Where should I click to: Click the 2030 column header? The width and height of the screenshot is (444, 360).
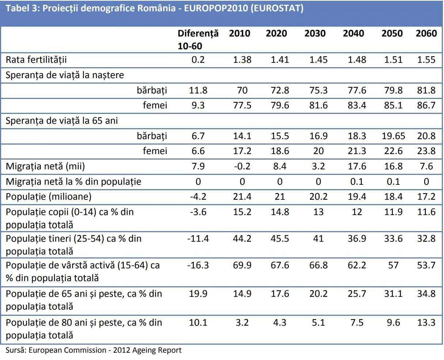click(x=315, y=34)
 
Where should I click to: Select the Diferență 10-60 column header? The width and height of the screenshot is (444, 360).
click(x=198, y=39)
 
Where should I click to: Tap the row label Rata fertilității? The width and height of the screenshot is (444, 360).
click(x=36, y=60)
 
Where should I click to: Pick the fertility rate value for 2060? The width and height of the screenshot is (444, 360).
click(x=426, y=60)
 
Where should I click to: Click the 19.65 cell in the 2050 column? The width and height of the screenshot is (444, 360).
click(x=393, y=136)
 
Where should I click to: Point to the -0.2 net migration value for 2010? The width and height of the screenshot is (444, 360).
click(x=242, y=166)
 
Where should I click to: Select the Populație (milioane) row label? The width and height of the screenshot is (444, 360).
click(x=49, y=197)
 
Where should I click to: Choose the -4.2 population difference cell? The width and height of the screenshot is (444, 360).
click(x=198, y=197)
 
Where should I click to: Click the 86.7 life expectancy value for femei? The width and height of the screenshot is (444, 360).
click(x=426, y=106)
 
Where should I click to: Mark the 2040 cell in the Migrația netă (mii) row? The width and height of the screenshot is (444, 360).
click(x=357, y=166)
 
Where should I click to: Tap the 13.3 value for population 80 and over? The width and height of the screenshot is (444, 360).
click(x=426, y=323)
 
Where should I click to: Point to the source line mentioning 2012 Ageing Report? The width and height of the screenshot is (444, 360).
click(x=94, y=350)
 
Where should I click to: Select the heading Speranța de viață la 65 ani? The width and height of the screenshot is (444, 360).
click(x=62, y=121)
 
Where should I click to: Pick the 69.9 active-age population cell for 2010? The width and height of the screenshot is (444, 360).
click(x=242, y=265)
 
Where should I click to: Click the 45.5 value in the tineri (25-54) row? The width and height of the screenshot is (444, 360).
click(x=280, y=239)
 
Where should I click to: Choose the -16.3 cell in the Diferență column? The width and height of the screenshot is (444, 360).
click(x=198, y=265)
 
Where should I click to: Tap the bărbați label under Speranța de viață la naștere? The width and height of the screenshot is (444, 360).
click(x=152, y=90)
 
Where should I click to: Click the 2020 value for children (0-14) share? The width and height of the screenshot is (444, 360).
click(x=280, y=212)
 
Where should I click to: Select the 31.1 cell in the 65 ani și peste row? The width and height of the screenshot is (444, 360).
click(x=393, y=294)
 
